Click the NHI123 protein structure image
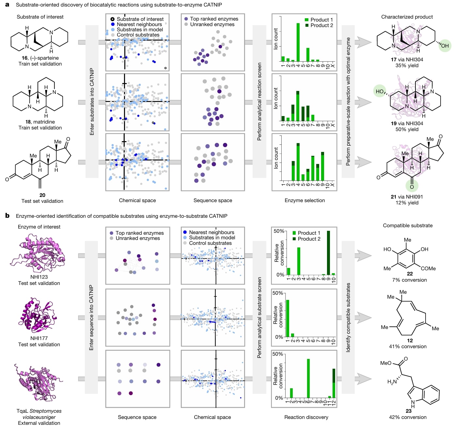[38, 253]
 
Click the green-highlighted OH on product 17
[444, 46]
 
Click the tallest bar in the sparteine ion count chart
[298, 42]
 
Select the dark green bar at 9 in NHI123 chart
[328, 253]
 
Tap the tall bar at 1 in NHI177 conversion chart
[288, 318]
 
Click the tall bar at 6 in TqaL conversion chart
[308, 378]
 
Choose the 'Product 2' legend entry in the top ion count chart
[319, 25]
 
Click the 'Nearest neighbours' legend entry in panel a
[136, 24]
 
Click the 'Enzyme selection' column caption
[305, 200]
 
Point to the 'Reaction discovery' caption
[306, 417]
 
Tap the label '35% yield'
[407, 65]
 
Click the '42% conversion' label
[408, 417]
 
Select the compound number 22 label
[410, 274]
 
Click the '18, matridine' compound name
[40, 122]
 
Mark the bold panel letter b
[7, 215]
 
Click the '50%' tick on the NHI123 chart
[279, 231]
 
